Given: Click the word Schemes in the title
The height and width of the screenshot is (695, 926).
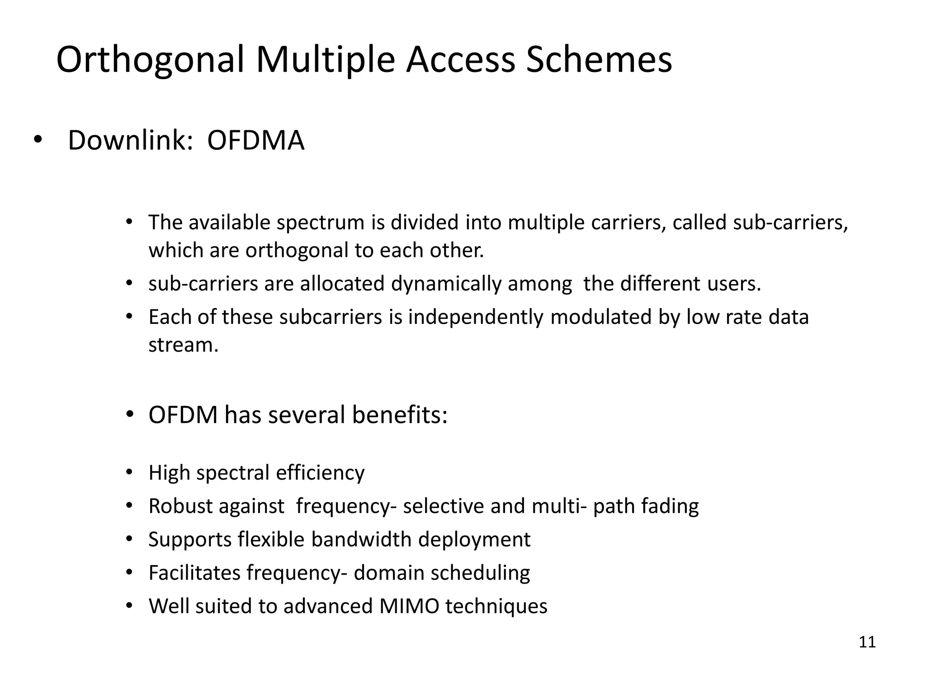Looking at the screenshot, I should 599,60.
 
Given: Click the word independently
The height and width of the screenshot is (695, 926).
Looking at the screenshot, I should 476,317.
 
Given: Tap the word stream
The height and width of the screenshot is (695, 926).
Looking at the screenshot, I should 183,345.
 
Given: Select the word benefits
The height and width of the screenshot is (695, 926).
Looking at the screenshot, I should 400,414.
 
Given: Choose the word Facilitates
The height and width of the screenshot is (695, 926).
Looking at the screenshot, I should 194,573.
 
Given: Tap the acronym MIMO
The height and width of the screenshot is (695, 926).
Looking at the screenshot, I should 409,606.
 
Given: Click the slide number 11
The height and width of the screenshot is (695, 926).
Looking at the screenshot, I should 867,642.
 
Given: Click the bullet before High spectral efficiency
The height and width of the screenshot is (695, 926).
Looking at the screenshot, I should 129,472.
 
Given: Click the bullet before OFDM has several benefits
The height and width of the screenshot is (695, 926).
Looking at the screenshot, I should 129,414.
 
